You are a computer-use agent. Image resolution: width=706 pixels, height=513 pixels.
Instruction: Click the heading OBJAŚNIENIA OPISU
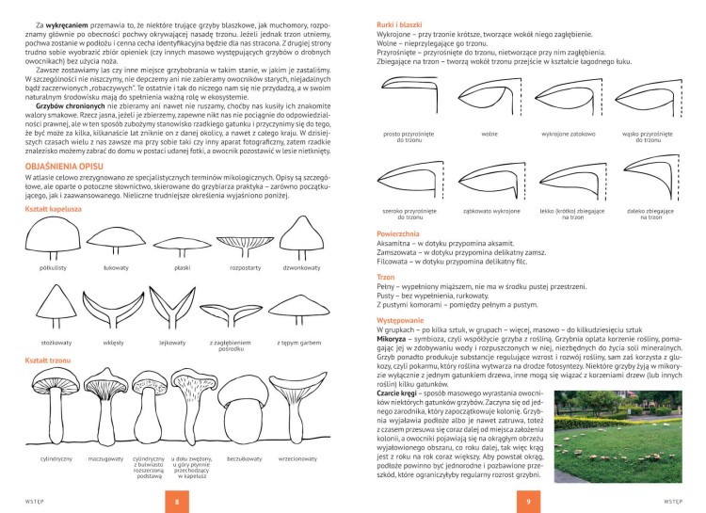tap(72, 168)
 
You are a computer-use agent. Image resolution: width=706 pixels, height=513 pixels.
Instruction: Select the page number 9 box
tap(529, 501)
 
